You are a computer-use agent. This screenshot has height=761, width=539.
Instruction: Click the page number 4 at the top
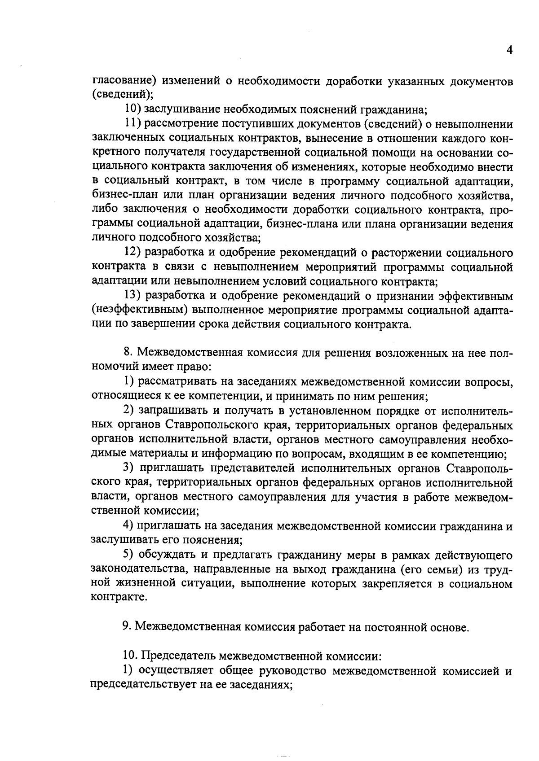[509, 50]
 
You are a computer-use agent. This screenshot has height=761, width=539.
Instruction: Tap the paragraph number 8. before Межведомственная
[127, 353]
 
